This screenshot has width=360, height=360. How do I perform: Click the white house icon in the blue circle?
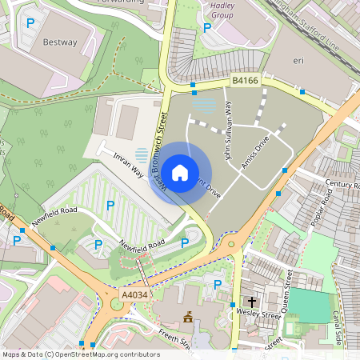pyautogui.click(x=180, y=172)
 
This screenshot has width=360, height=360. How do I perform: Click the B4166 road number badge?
pyautogui.click(x=245, y=80)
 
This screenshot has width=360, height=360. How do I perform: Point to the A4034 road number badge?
pyautogui.click(x=134, y=295)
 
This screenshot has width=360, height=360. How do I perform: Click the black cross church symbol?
pyautogui.click(x=252, y=302)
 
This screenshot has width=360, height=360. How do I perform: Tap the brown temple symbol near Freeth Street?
pyautogui.click(x=188, y=318)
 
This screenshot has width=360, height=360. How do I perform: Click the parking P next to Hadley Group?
pyautogui.click(x=207, y=28)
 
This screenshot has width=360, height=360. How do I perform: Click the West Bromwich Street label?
pyautogui.click(x=161, y=144)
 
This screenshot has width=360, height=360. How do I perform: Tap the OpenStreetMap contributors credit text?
pyautogui.click(x=80, y=354)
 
